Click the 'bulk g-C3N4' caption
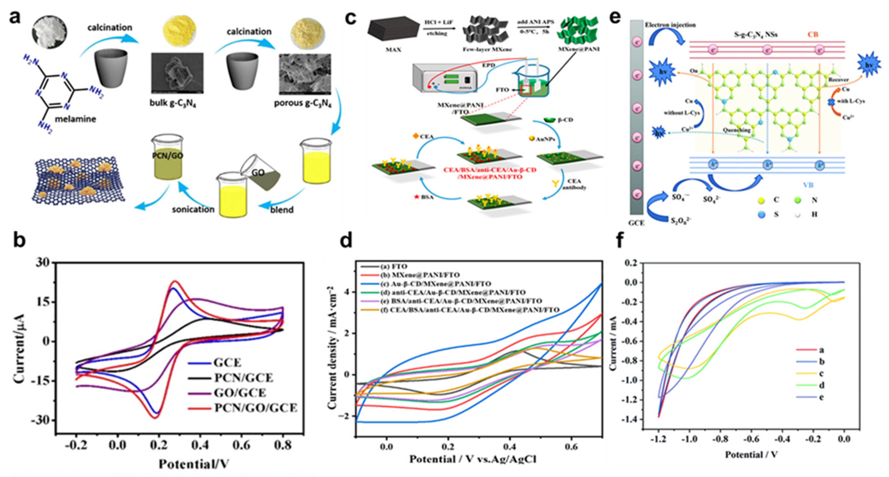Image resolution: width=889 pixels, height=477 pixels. tap(173, 103)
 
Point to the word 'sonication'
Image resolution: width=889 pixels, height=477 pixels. tap(193, 209)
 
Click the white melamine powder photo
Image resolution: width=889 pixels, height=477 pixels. tap(49, 32)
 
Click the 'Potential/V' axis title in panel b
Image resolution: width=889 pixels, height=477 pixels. tap(194, 464)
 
